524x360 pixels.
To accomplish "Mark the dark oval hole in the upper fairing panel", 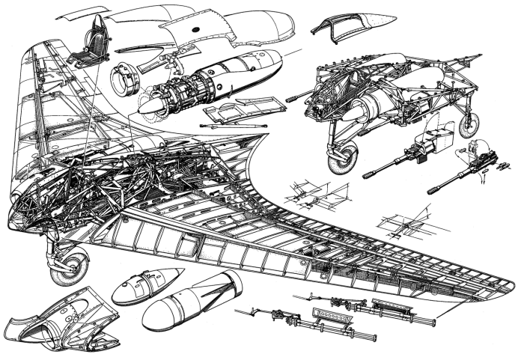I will pos(195,29).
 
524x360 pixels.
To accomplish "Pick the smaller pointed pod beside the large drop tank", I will pos(145,284).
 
